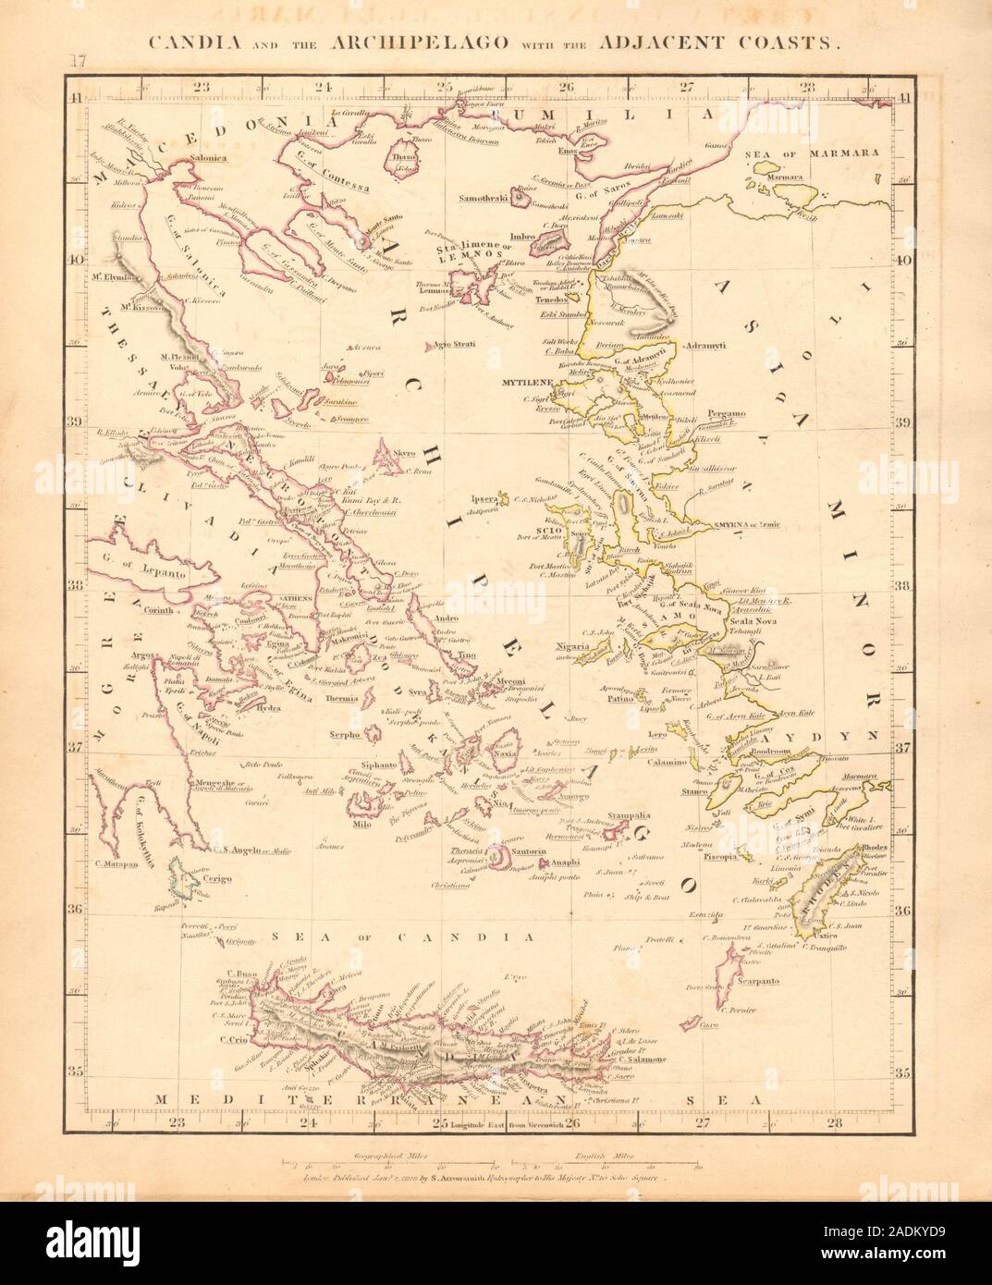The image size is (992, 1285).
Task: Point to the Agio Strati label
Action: coord(454,345)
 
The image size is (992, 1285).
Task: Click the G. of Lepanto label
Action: coord(158,573)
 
